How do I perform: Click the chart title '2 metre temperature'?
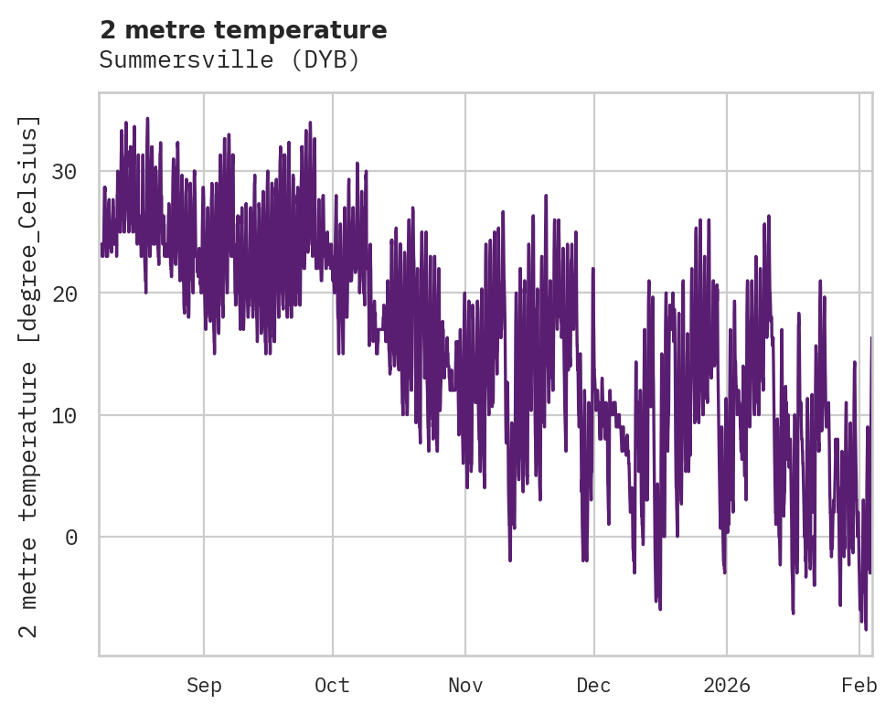click(x=243, y=30)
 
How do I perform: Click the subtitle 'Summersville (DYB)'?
click(x=229, y=60)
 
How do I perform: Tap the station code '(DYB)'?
click(x=332, y=60)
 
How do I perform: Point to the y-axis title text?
click(x=29, y=376)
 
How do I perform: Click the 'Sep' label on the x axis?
click(x=204, y=686)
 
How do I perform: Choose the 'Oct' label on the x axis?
click(x=332, y=686)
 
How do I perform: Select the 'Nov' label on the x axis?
click(x=464, y=686)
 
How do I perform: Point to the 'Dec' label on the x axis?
click(x=593, y=686)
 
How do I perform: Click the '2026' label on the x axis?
click(x=726, y=686)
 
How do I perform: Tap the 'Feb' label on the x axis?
click(x=859, y=686)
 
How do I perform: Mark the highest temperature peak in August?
click(x=147, y=118)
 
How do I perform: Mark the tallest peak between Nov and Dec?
click(x=546, y=196)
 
